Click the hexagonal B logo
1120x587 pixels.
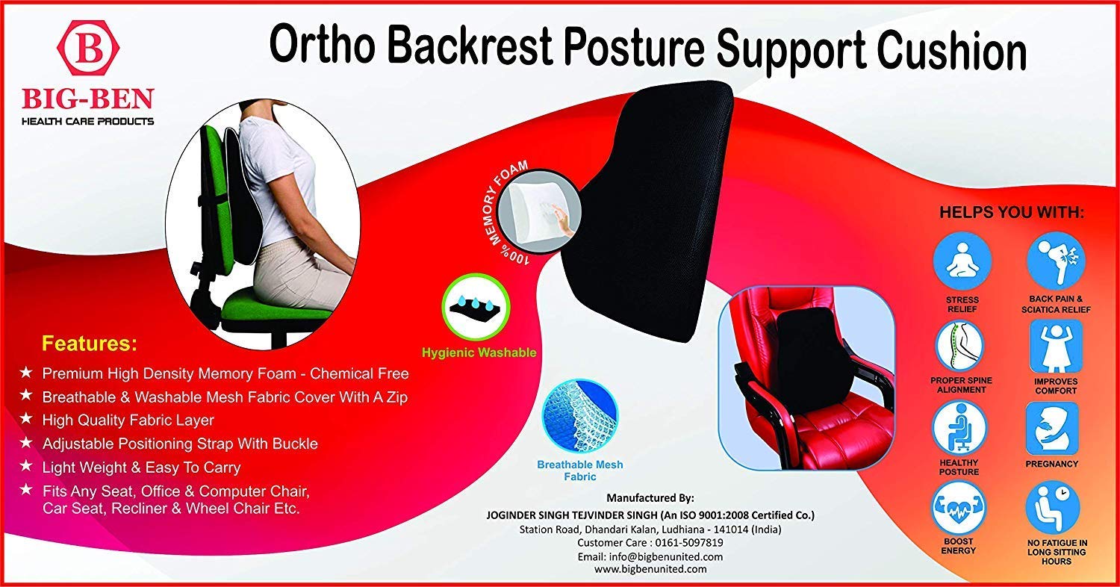[x=88, y=49]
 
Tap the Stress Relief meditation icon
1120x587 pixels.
[x=962, y=261]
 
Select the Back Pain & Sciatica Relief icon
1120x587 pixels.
[x=1056, y=261]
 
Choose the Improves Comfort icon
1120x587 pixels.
[x=1056, y=347]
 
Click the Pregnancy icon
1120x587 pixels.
[x=1052, y=428]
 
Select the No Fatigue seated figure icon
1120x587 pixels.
[x=1053, y=508]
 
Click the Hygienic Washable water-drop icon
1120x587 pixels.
[x=476, y=307]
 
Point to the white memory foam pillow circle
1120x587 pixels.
[x=544, y=208]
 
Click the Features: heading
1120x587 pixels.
[x=90, y=344]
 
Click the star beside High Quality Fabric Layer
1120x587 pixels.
[x=26, y=418]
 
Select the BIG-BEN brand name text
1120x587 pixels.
[x=88, y=99]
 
